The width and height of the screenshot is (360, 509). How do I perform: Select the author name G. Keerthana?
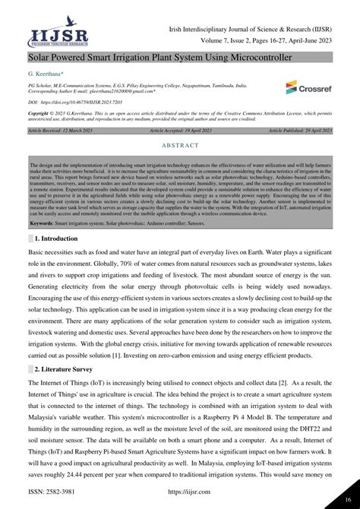[x=46, y=73]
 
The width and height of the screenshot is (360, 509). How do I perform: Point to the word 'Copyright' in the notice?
[x=41, y=112]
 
